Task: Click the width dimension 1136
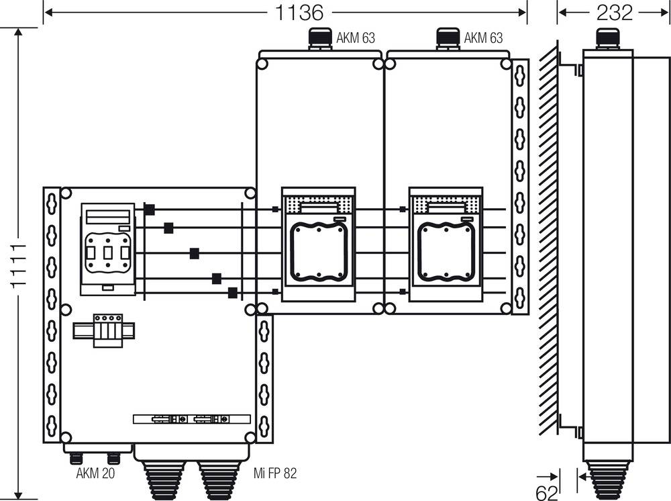[x=299, y=12]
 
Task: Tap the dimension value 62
[x=547, y=492]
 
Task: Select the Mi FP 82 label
[x=275, y=473]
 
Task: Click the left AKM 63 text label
[x=355, y=38]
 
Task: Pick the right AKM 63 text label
[x=483, y=38]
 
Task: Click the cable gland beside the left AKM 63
[x=317, y=38]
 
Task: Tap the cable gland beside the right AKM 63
[x=447, y=38]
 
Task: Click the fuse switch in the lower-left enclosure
[x=107, y=249]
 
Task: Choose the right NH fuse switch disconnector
[x=446, y=245]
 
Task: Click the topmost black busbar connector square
[x=149, y=210]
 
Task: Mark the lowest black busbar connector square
[x=233, y=292]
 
